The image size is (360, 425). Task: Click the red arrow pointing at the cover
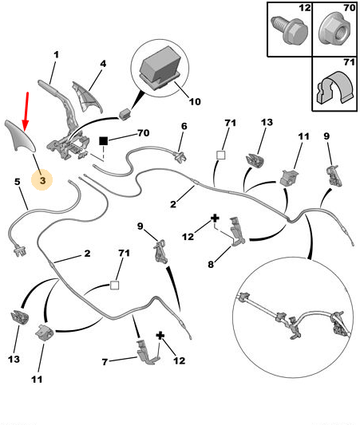click(26, 112)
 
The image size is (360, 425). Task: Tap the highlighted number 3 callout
click(42, 180)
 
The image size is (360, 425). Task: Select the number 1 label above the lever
click(56, 55)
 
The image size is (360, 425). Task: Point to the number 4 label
click(103, 64)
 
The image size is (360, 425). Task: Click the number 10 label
click(195, 102)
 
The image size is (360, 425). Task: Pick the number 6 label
click(184, 126)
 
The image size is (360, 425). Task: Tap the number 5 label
click(18, 182)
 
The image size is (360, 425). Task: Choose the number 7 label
click(105, 362)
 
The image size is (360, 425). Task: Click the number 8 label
click(211, 264)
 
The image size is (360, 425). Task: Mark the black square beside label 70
click(103, 141)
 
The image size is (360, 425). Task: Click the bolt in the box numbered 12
click(290, 30)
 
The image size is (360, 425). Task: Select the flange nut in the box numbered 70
click(335, 31)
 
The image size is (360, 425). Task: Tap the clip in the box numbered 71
click(335, 87)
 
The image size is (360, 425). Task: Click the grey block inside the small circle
click(160, 68)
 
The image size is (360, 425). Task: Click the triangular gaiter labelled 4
click(86, 97)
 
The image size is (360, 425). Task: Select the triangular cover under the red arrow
click(21, 136)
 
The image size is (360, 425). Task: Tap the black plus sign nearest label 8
click(215, 218)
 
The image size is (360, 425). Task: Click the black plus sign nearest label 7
click(160, 336)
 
